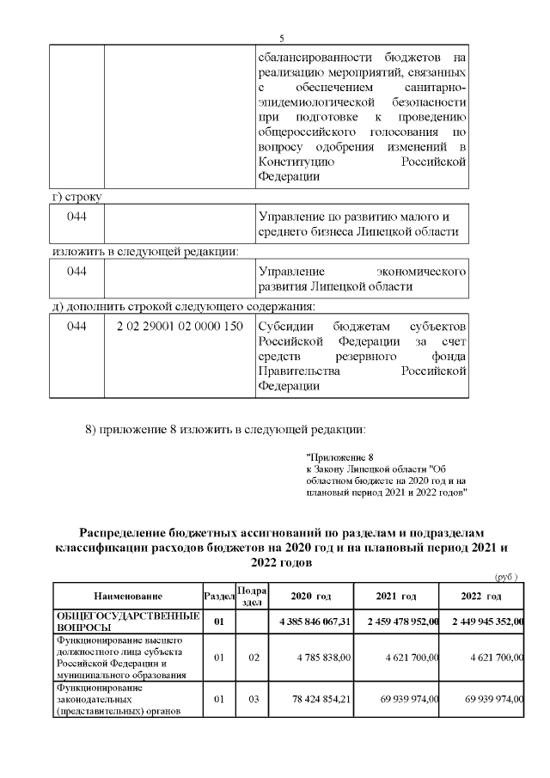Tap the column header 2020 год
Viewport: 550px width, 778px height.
pos(310,596)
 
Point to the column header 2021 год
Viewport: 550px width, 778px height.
pos(396,596)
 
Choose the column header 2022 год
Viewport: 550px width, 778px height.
pos(481,596)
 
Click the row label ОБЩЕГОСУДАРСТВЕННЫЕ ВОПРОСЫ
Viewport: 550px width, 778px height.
pos(127,622)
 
